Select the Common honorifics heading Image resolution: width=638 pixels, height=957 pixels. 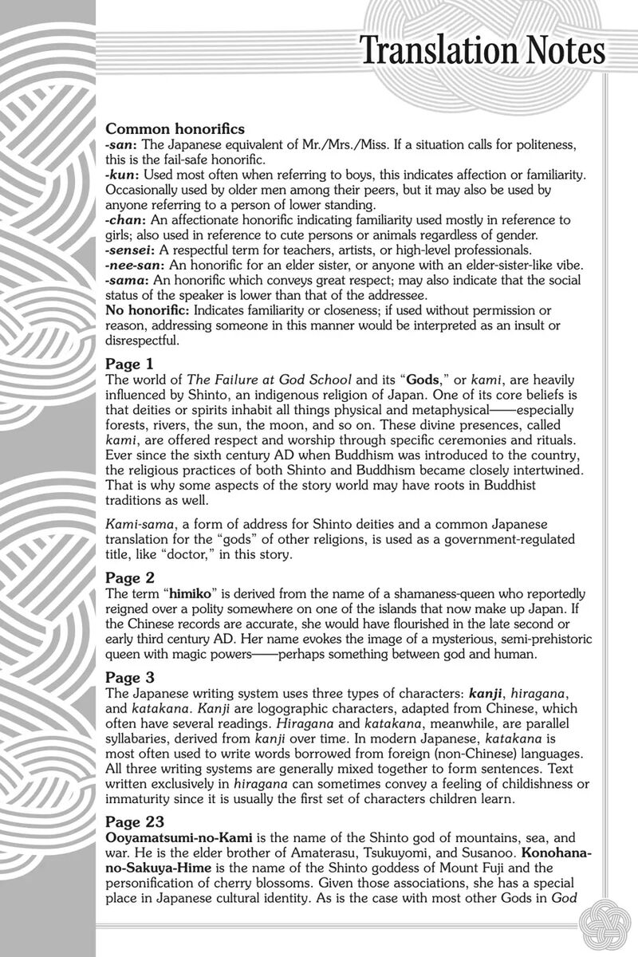point(175,128)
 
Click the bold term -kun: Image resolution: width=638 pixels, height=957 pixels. point(122,173)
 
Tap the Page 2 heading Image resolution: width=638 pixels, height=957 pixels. point(129,577)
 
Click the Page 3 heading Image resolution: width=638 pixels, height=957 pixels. point(129,677)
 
